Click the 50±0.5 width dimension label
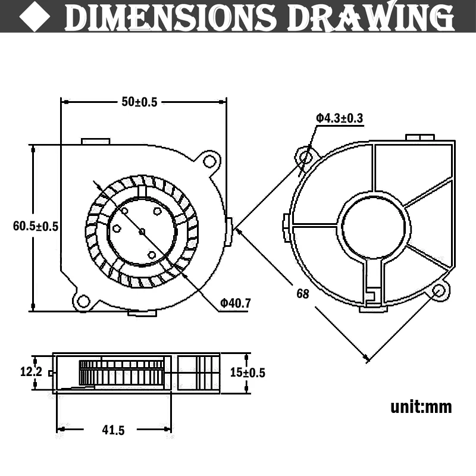click(139, 102)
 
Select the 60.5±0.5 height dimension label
click(36, 226)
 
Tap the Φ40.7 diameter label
click(236, 303)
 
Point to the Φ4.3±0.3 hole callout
click(339, 118)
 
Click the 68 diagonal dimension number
click(303, 293)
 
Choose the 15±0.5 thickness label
click(247, 372)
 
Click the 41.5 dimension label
click(110, 429)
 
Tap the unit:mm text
click(421, 407)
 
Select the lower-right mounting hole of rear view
click(440, 291)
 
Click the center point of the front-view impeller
click(142, 231)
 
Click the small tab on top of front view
click(95, 142)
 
